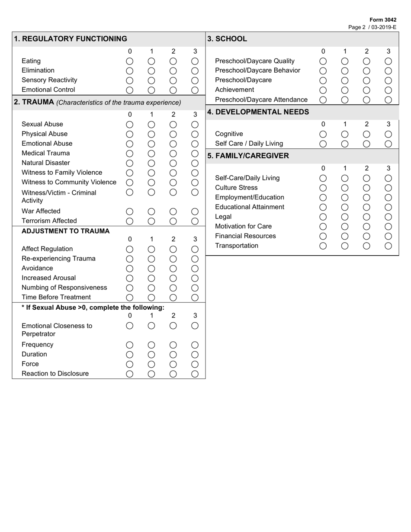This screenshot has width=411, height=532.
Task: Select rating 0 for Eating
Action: click(129, 61)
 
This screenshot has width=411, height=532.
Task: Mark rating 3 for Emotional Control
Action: click(195, 90)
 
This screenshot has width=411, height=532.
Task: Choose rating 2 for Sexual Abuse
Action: click(173, 125)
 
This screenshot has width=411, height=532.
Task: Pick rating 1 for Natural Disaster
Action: click(151, 163)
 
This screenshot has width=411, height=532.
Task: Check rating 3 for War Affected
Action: click(195, 212)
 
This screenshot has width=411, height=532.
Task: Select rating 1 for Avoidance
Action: click(151, 269)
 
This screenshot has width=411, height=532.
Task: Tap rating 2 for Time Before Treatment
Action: click(173, 298)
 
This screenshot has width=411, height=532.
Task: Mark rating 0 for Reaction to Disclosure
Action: click(129, 374)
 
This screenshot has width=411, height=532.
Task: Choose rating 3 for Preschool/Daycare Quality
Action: click(388, 61)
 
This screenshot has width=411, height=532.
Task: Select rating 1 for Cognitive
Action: click(345, 134)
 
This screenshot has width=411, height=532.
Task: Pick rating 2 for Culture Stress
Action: click(366, 188)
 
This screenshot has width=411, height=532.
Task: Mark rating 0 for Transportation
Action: click(323, 246)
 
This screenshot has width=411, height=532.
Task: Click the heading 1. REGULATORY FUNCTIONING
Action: click(71, 39)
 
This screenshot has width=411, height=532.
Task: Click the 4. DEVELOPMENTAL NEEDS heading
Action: click(258, 112)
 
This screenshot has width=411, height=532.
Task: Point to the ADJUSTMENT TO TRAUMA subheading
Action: click(65, 231)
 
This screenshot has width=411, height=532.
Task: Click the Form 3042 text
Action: click(383, 20)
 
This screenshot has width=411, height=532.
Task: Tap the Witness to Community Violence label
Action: click(69, 182)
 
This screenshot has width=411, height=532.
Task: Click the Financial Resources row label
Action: click(245, 236)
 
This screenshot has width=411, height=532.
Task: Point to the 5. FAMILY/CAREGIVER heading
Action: click(248, 156)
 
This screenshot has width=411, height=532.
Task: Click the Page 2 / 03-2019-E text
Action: click(372, 27)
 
